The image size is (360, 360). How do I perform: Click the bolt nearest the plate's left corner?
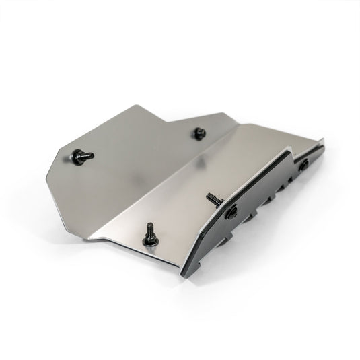click(81, 156)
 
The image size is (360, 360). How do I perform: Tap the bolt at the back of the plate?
click(199, 133)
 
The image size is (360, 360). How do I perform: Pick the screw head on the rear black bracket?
click(304, 164)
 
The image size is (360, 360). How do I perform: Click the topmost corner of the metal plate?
click(137, 106)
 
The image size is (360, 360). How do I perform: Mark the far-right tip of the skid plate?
click(324, 142)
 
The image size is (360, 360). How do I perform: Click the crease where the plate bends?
click(161, 182)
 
